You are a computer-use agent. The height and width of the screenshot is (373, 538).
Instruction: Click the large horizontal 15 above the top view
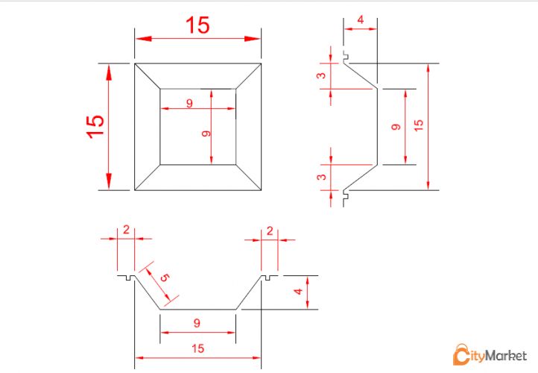pyautogui.click(x=197, y=25)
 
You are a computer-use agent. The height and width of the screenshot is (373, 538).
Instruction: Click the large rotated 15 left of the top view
pyautogui.click(x=95, y=127)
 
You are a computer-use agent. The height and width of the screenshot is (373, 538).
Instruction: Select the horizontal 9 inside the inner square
pyautogui.click(x=189, y=103)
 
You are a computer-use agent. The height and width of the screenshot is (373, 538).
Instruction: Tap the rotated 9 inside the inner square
pyautogui.click(x=206, y=134)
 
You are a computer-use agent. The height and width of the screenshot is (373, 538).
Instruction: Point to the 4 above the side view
pyautogui.click(x=360, y=20)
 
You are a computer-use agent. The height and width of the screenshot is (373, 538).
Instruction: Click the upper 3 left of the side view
pyautogui.click(x=321, y=75)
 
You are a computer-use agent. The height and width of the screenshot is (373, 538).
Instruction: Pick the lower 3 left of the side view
pyautogui.click(x=321, y=177)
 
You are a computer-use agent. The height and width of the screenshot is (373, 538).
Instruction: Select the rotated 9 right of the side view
pyautogui.click(x=396, y=127)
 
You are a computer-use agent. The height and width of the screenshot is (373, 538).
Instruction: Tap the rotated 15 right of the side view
pyautogui.click(x=418, y=125)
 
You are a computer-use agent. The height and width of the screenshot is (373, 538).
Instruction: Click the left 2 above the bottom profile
pyautogui.click(x=126, y=230)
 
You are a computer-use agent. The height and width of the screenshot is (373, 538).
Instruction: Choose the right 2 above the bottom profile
pyautogui.click(x=270, y=231)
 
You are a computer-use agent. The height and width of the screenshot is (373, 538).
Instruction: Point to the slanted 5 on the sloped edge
pyautogui.click(x=165, y=278)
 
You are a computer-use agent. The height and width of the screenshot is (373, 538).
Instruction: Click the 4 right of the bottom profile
pyautogui.click(x=298, y=292)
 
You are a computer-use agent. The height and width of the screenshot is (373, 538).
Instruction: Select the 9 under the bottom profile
pyautogui.click(x=197, y=323)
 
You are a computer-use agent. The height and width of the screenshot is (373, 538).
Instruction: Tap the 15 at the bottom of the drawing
pyautogui.click(x=198, y=348)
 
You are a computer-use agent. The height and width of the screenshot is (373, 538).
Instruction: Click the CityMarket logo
pyautogui.click(x=490, y=354)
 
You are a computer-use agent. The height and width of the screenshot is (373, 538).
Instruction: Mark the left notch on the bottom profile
pyautogui.click(x=128, y=278)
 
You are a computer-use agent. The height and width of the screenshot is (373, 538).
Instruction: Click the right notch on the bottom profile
pyautogui.click(x=268, y=278)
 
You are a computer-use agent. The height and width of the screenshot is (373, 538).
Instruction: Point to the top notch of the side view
pyautogui.click(x=346, y=55)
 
